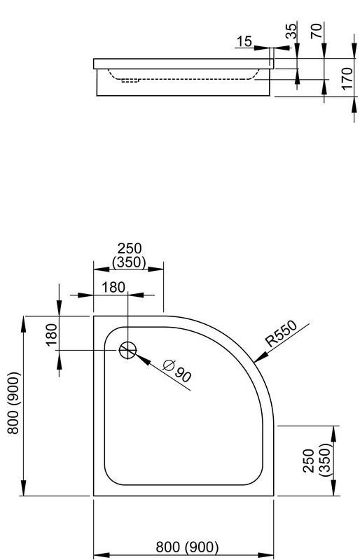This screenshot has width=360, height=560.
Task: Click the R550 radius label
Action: (x=282, y=334)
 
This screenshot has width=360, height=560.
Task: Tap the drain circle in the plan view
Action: (x=127, y=350)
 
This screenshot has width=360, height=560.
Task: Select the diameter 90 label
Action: (x=177, y=371)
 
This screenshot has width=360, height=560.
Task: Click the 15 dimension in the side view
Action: (x=244, y=41)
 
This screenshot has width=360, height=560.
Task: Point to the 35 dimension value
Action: (x=292, y=31)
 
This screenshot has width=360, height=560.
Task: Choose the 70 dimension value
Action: (x=317, y=30)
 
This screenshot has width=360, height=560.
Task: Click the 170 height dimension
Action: (x=347, y=78)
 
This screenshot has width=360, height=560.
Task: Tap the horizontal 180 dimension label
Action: (x=113, y=287)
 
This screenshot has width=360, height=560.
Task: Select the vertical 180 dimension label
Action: (x=52, y=335)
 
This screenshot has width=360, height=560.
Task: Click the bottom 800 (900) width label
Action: (x=187, y=547)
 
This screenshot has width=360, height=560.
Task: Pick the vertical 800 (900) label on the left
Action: (x=13, y=403)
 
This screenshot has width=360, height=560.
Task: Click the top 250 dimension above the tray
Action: (x=130, y=248)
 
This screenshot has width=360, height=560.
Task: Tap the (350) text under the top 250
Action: (x=129, y=262)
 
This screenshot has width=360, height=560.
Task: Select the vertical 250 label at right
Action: (x=308, y=461)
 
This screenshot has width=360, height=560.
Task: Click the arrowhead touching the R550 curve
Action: (x=261, y=357)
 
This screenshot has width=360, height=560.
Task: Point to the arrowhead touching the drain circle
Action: (x=142, y=360)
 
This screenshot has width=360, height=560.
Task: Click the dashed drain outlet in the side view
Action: (x=130, y=80)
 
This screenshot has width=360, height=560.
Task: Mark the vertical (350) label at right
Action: (x=325, y=460)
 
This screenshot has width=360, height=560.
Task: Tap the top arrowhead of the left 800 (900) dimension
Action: (x=23, y=324)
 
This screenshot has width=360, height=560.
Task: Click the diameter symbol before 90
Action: (x=168, y=365)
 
